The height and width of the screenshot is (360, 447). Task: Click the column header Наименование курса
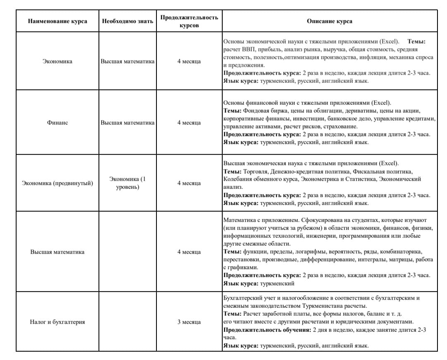click(x=57, y=21)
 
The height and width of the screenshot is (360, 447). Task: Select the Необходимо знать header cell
click(x=127, y=21)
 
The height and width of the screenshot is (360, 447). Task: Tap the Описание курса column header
click(x=329, y=21)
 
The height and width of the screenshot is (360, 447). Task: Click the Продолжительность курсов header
click(x=189, y=21)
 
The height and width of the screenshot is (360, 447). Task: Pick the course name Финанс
click(x=57, y=123)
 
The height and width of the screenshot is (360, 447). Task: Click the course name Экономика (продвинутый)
click(x=57, y=183)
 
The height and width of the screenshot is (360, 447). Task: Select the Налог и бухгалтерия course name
click(x=57, y=322)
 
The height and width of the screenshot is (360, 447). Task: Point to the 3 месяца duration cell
click(x=189, y=322)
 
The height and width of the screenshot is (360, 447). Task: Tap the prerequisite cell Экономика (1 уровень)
click(x=127, y=183)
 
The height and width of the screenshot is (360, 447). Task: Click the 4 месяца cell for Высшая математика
click(x=189, y=252)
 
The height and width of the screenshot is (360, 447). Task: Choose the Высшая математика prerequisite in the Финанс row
click(x=127, y=123)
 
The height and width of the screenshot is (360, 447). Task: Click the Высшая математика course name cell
click(x=57, y=252)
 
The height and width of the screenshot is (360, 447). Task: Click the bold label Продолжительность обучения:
click(x=267, y=330)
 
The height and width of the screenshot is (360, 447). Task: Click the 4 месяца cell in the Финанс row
click(x=189, y=123)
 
